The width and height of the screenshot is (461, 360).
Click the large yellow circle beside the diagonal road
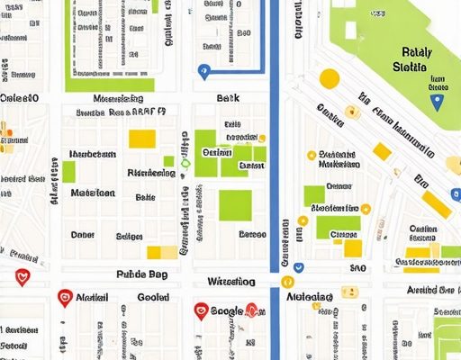click(x=330, y=78)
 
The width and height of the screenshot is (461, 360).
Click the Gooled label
click(x=153, y=297)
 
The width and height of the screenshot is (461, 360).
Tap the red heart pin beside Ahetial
click(x=64, y=297)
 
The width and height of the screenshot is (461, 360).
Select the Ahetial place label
click(x=94, y=297)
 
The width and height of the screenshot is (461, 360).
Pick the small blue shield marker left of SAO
click(x=297, y=266)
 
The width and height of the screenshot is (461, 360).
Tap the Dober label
click(x=83, y=235)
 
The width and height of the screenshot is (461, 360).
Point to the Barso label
click(x=252, y=235)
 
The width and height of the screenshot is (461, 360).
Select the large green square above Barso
click(x=236, y=205)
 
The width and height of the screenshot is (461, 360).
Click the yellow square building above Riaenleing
click(x=142, y=138)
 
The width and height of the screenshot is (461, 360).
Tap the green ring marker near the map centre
click(x=185, y=163)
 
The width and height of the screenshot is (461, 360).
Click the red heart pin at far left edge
click(x=23, y=278)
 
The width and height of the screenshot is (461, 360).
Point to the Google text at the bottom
click(x=227, y=310)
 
